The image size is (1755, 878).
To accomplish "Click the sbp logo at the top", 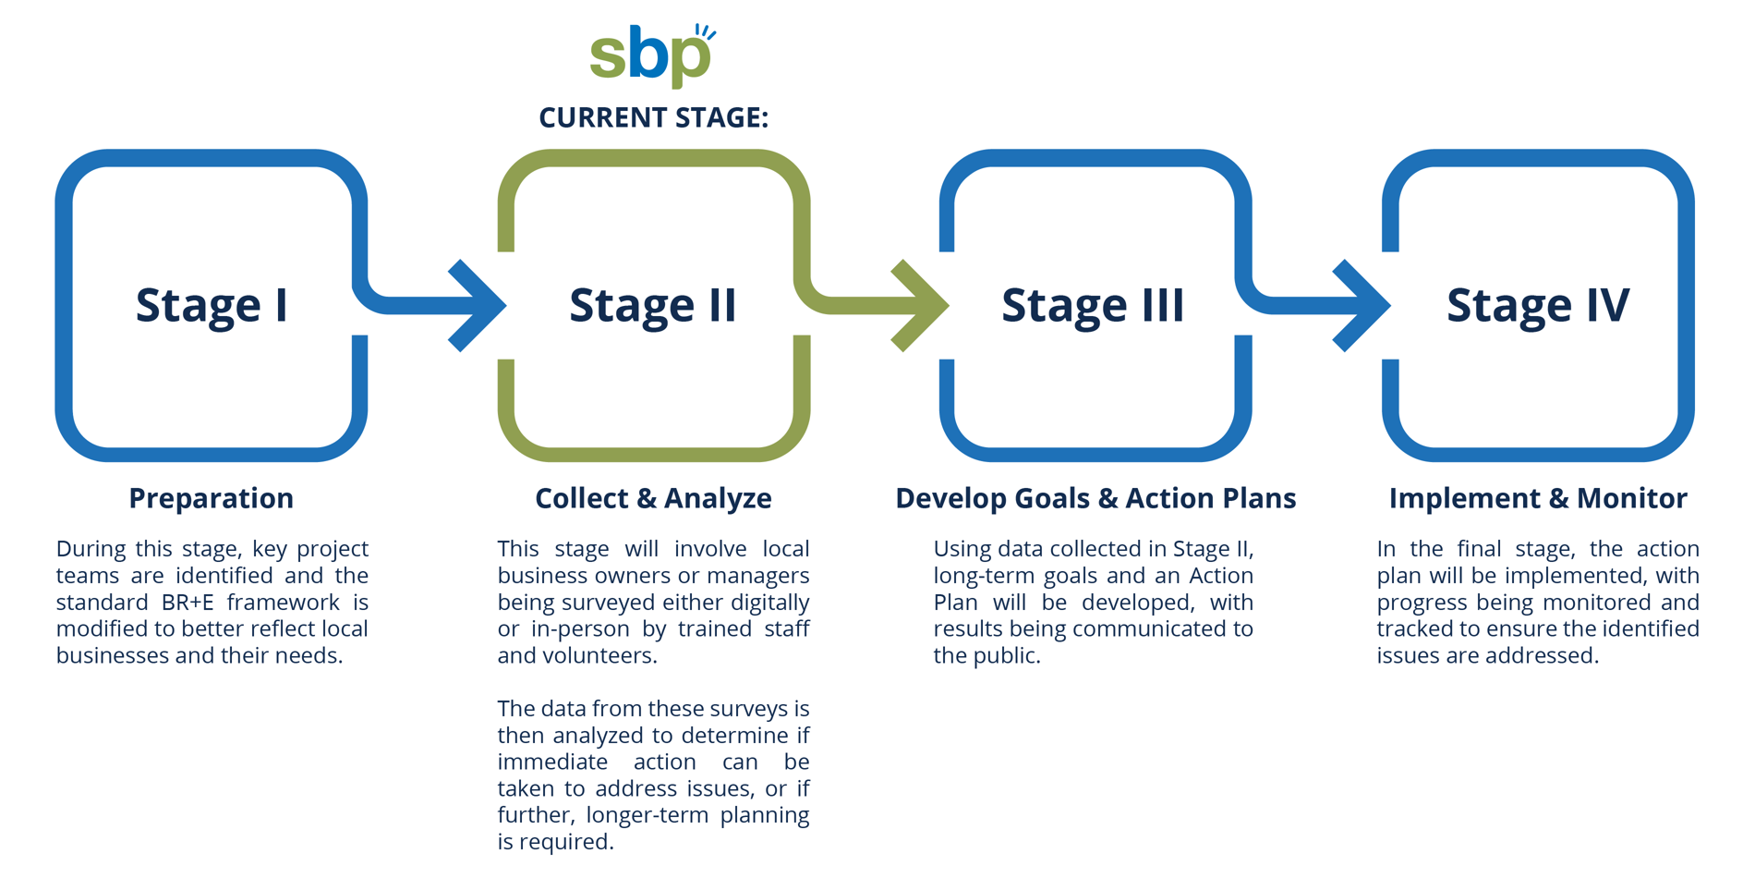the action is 652,55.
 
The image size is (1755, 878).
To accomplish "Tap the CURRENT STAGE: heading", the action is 654,117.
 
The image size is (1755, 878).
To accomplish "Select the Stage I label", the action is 212,305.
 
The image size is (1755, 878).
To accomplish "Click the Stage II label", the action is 653,305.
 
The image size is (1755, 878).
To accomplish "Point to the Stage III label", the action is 1093,305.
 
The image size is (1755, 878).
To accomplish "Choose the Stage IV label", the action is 1538,305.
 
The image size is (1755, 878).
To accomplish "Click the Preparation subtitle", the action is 212,498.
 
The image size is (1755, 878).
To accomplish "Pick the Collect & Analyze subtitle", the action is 653,498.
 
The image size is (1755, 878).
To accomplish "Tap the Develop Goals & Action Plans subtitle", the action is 1095,498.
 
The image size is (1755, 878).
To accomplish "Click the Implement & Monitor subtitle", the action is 1538,498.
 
